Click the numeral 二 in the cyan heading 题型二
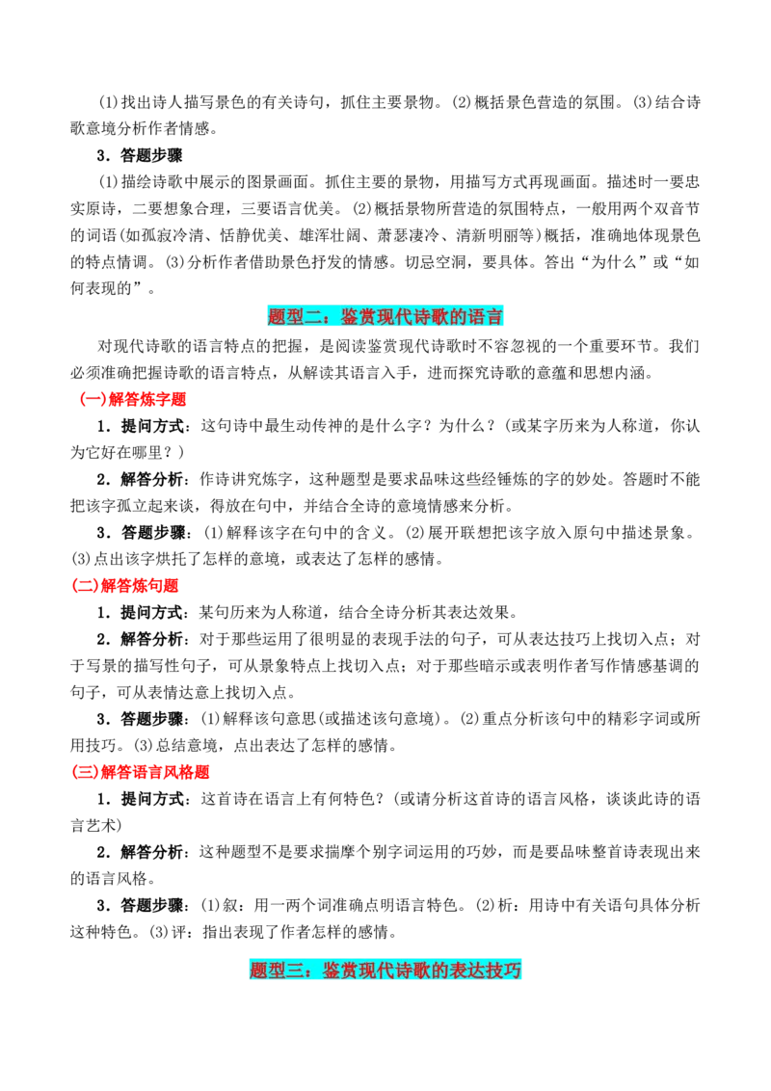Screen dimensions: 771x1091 [x=313, y=317]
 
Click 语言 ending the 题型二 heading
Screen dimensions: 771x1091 [x=485, y=317]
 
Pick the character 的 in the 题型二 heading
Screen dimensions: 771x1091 [x=458, y=317]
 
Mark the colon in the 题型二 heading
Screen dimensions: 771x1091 [x=332, y=317]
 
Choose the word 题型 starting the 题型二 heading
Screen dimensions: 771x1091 [x=285, y=317]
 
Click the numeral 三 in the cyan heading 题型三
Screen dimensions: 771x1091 [x=296, y=971]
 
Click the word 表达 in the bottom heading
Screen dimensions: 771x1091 [x=467, y=971]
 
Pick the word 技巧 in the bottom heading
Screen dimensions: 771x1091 [x=504, y=971]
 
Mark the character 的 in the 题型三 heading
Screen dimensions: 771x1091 [x=440, y=971]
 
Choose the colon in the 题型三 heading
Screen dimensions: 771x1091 [x=314, y=971]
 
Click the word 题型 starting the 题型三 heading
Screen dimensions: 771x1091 [x=268, y=971]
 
